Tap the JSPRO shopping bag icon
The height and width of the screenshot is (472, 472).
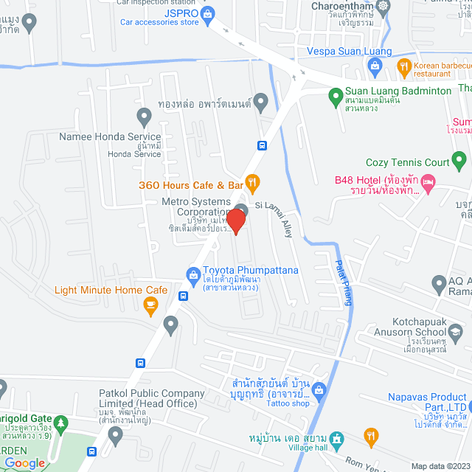(x=208, y=13)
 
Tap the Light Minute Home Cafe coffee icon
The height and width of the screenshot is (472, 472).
(x=151, y=305)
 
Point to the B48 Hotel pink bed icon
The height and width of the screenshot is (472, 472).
(x=431, y=181)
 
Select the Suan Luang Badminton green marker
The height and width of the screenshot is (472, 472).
(x=334, y=94)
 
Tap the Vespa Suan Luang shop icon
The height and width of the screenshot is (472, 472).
(x=375, y=66)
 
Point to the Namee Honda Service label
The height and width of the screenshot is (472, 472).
(x=111, y=137)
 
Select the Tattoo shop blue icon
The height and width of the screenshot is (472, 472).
(x=319, y=389)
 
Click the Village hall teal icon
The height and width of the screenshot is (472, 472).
(x=336, y=440)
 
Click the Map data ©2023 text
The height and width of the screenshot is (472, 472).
(x=440, y=466)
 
